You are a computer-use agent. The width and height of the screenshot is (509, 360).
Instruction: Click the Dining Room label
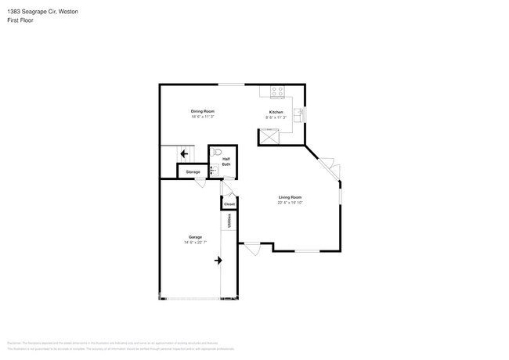click(x=202, y=111)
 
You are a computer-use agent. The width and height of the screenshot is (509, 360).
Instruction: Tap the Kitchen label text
click(x=276, y=113)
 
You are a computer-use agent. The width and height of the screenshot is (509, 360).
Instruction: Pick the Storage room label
click(x=193, y=171)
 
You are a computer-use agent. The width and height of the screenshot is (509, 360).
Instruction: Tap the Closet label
click(x=229, y=204)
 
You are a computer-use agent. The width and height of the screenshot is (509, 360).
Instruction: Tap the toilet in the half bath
click(x=218, y=151)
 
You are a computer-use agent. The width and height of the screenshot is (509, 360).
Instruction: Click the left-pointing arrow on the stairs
click(x=185, y=155)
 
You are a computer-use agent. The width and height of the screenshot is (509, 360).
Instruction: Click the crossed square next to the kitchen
click(x=270, y=137)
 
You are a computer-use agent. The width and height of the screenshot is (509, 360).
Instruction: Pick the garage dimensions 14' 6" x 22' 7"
click(x=195, y=242)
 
